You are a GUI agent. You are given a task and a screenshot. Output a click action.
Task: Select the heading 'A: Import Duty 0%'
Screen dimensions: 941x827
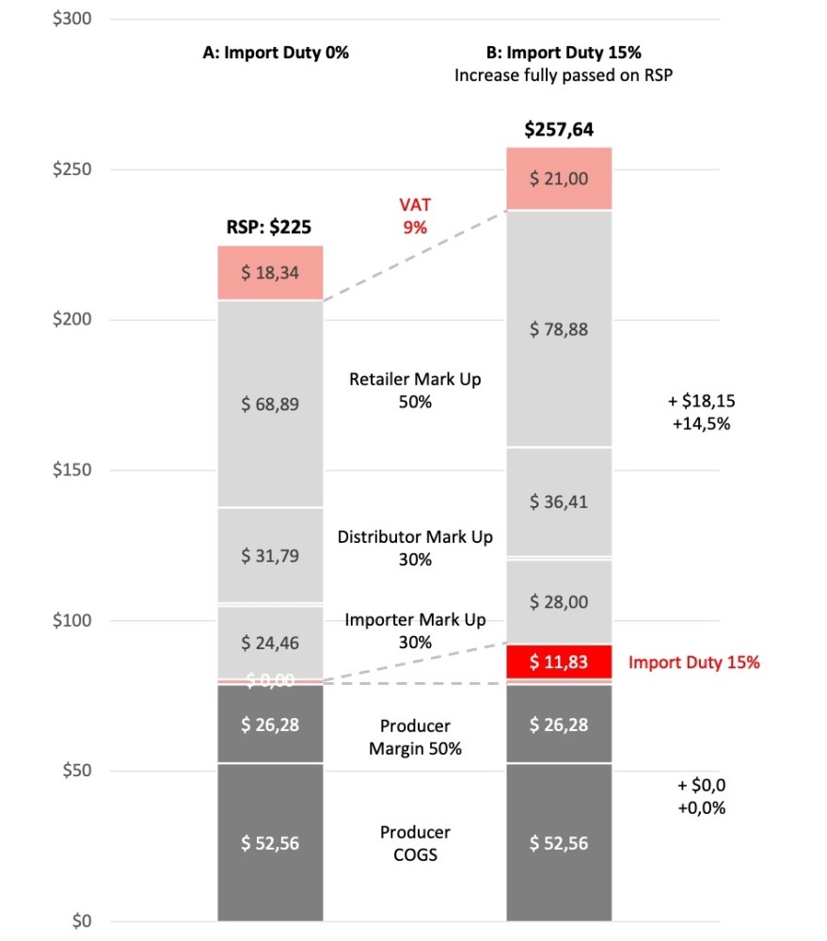[276, 54]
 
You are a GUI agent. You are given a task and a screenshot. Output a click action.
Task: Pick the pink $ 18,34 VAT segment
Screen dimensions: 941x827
[271, 273]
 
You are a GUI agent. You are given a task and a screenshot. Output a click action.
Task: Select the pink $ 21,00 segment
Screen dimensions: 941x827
[559, 179]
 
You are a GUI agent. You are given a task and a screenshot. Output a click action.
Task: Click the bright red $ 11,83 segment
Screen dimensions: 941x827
[559, 662]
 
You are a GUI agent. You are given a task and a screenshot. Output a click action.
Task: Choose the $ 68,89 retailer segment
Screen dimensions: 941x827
[271, 404]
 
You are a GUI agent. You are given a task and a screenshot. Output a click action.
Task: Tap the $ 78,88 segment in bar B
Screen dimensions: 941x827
[559, 329]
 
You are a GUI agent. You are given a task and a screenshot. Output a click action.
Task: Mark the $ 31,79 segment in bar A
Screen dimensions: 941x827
[271, 555]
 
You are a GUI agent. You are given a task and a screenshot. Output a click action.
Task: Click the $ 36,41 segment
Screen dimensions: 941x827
[559, 502]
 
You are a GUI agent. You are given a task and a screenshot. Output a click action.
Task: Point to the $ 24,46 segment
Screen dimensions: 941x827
[271, 644]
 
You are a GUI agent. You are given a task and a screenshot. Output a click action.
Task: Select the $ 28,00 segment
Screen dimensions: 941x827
[559, 602]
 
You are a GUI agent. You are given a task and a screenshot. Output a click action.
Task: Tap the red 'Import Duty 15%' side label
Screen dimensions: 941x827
[693, 662]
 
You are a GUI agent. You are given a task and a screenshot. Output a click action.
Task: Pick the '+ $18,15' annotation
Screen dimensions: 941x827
[701, 401]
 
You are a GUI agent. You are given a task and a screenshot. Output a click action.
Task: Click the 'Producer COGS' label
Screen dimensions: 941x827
[415, 843]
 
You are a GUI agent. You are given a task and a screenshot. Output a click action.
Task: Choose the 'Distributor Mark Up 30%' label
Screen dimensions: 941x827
[415, 548]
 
